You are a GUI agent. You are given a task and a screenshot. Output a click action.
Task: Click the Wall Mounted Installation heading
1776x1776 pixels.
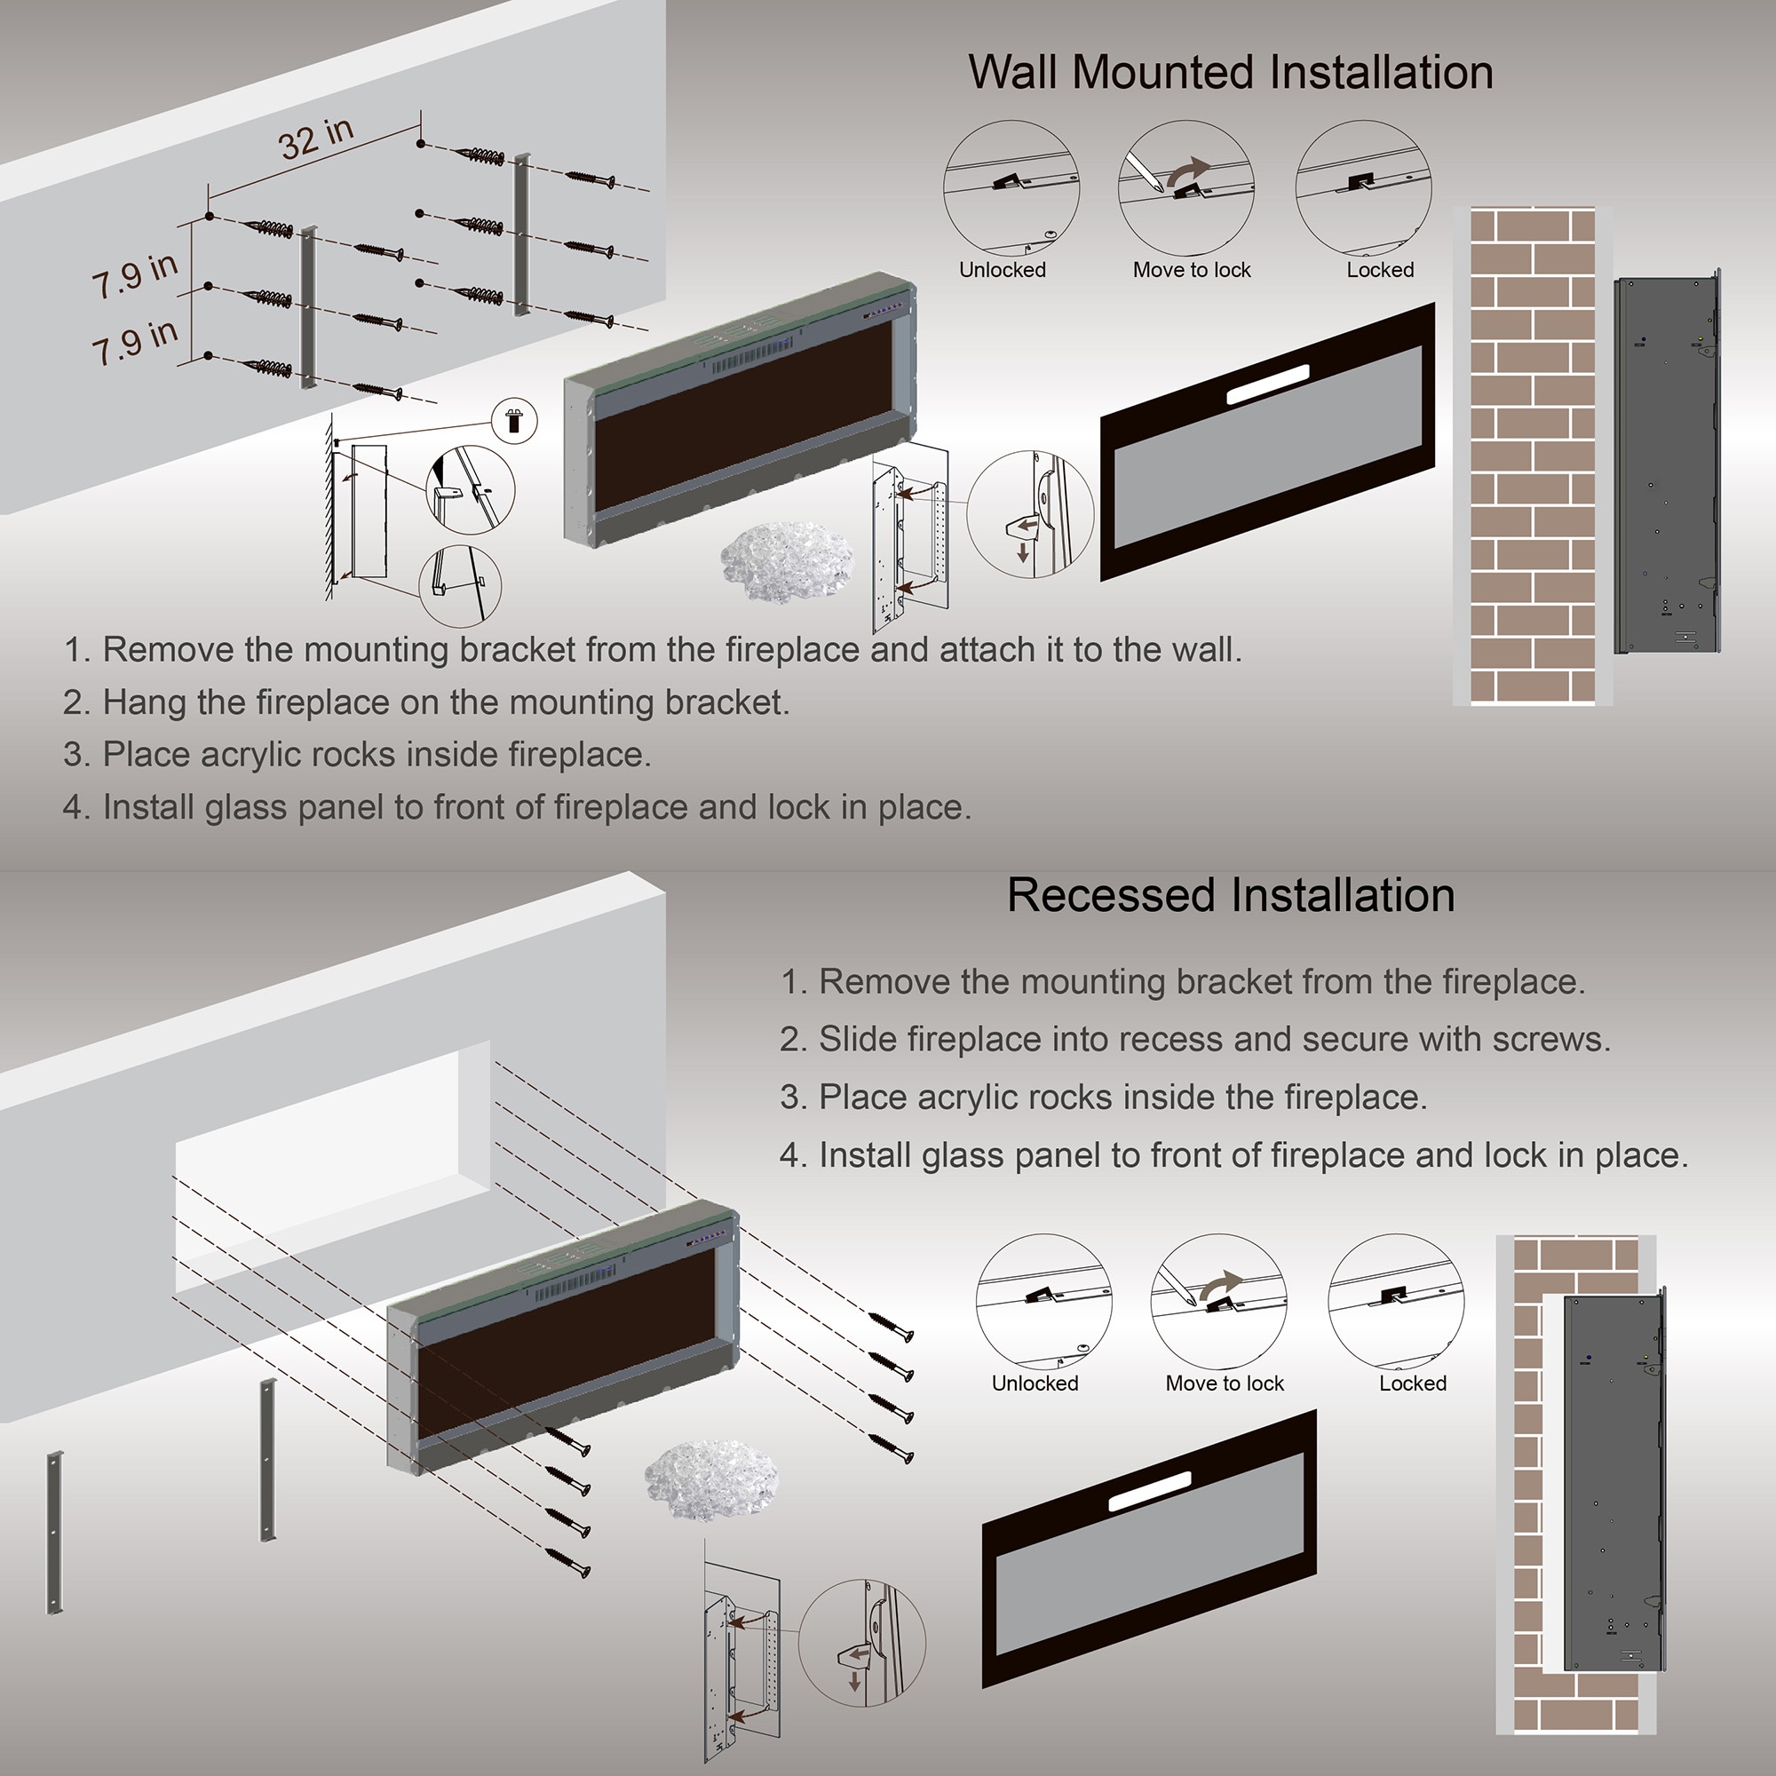pyautogui.click(x=1230, y=73)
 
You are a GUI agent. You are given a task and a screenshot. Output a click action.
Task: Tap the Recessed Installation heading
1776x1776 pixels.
pyautogui.click(x=1230, y=895)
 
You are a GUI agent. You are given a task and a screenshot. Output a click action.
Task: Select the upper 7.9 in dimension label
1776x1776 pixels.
pyautogui.click(x=134, y=274)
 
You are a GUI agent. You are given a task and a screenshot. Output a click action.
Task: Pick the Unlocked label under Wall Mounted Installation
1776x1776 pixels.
pyautogui.click(x=1002, y=270)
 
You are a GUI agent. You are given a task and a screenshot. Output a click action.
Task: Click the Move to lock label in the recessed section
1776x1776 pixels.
pyautogui.click(x=1224, y=1384)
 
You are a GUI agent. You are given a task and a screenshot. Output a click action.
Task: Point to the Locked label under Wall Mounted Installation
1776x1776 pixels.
pyautogui.click(x=1380, y=270)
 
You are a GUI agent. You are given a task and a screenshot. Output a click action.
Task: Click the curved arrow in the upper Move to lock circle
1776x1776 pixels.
pyautogui.click(x=1192, y=170)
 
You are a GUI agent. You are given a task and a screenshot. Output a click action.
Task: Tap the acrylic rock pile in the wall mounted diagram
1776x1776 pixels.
pyautogui.click(x=787, y=560)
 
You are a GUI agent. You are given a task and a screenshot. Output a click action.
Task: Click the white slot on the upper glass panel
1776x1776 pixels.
pyautogui.click(x=1268, y=385)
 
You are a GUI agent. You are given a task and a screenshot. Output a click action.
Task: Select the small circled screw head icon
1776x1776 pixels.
pyautogui.click(x=514, y=422)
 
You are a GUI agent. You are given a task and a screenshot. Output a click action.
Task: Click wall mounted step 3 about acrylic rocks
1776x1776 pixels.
pyautogui.click(x=357, y=755)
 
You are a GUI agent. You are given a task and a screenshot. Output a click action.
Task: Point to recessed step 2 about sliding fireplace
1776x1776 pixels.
pyautogui.click(x=1195, y=1040)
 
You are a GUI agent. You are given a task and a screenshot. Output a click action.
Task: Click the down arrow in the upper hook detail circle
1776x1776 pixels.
pyautogui.click(x=1022, y=552)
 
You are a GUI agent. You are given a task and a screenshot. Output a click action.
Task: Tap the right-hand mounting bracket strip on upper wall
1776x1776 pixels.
pyautogui.click(x=521, y=234)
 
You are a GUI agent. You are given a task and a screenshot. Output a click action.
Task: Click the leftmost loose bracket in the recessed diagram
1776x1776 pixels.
pyautogui.click(x=55, y=1533)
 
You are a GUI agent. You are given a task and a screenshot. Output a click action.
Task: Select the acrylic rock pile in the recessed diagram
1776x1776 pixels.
pyautogui.click(x=710, y=1480)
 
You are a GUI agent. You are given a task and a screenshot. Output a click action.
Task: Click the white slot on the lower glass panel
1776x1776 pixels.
pyautogui.click(x=1149, y=1492)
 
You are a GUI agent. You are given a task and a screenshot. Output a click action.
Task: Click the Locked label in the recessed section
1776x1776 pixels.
pyautogui.click(x=1412, y=1384)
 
